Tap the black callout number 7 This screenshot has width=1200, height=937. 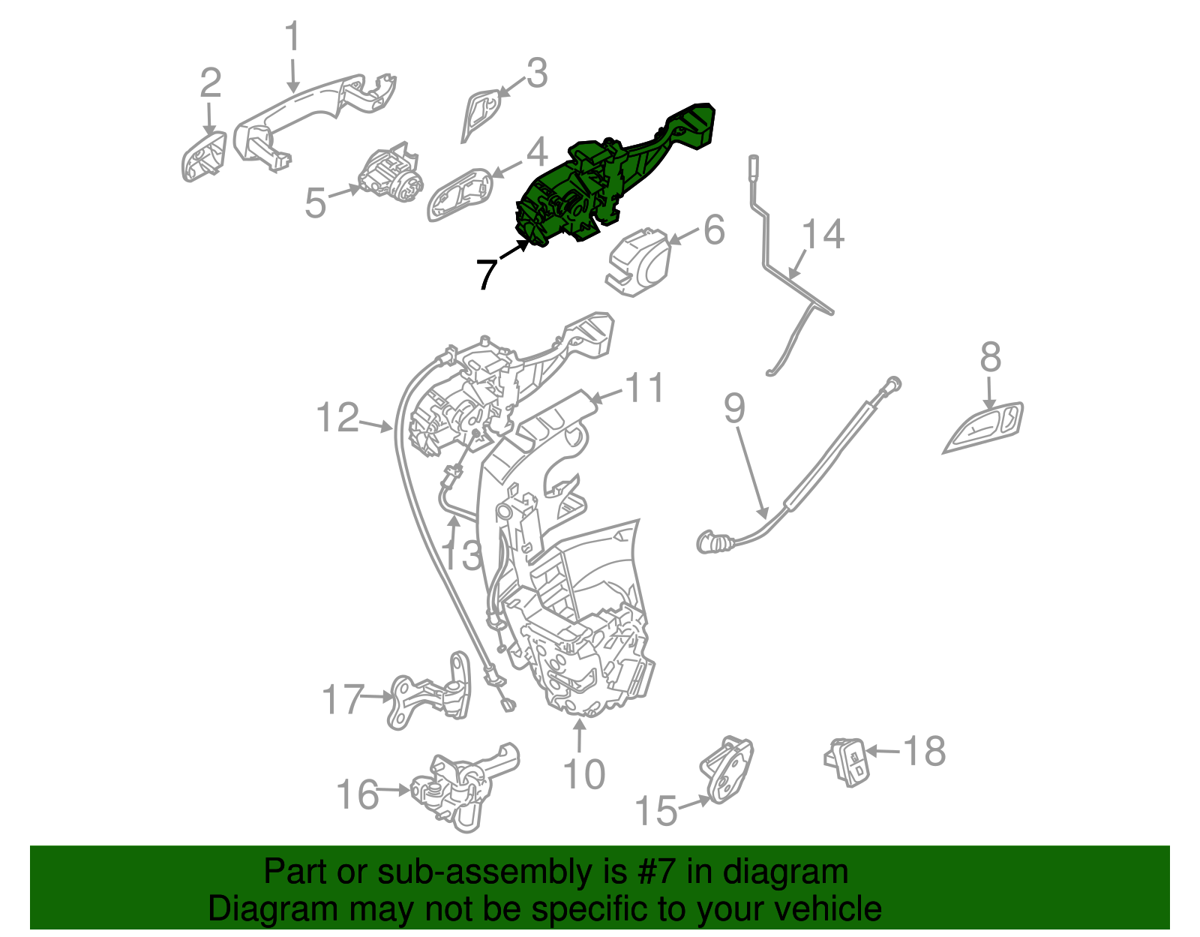coord(487,274)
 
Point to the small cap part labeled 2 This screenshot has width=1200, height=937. coord(203,156)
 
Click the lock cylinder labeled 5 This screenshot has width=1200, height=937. coord(390,176)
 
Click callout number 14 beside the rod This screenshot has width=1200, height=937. coord(823,234)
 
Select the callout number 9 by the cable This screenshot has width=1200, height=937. coord(734,409)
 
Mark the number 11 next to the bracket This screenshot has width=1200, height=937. coord(645,388)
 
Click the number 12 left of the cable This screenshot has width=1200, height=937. coord(337,417)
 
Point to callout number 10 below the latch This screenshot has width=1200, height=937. coord(583,774)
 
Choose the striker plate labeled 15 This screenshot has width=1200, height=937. coord(726,769)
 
